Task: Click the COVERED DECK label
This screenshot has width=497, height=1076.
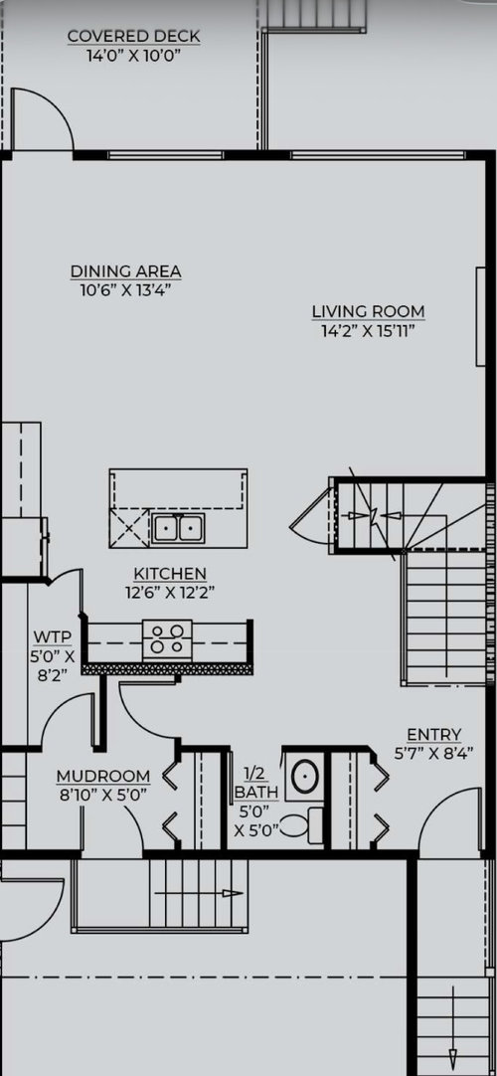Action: [133, 36]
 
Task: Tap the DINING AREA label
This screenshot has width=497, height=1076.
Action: [125, 271]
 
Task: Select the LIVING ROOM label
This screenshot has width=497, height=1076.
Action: [368, 311]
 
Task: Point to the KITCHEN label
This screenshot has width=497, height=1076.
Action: [170, 573]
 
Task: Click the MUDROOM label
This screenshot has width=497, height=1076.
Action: [102, 776]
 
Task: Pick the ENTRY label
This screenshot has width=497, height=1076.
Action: [434, 735]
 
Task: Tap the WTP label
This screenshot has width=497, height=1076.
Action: [52, 635]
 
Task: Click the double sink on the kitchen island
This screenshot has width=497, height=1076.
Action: [177, 528]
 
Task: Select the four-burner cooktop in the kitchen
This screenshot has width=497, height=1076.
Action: [167, 638]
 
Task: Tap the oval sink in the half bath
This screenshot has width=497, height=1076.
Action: [304, 777]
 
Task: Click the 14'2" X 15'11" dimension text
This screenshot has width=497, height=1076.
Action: [368, 331]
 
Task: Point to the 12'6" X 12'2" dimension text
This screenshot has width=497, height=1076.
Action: [170, 593]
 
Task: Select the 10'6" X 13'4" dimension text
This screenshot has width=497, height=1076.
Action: [125, 290]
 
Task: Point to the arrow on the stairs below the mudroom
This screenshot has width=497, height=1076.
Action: [199, 893]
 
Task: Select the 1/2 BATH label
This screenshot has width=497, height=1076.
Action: [256, 783]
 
